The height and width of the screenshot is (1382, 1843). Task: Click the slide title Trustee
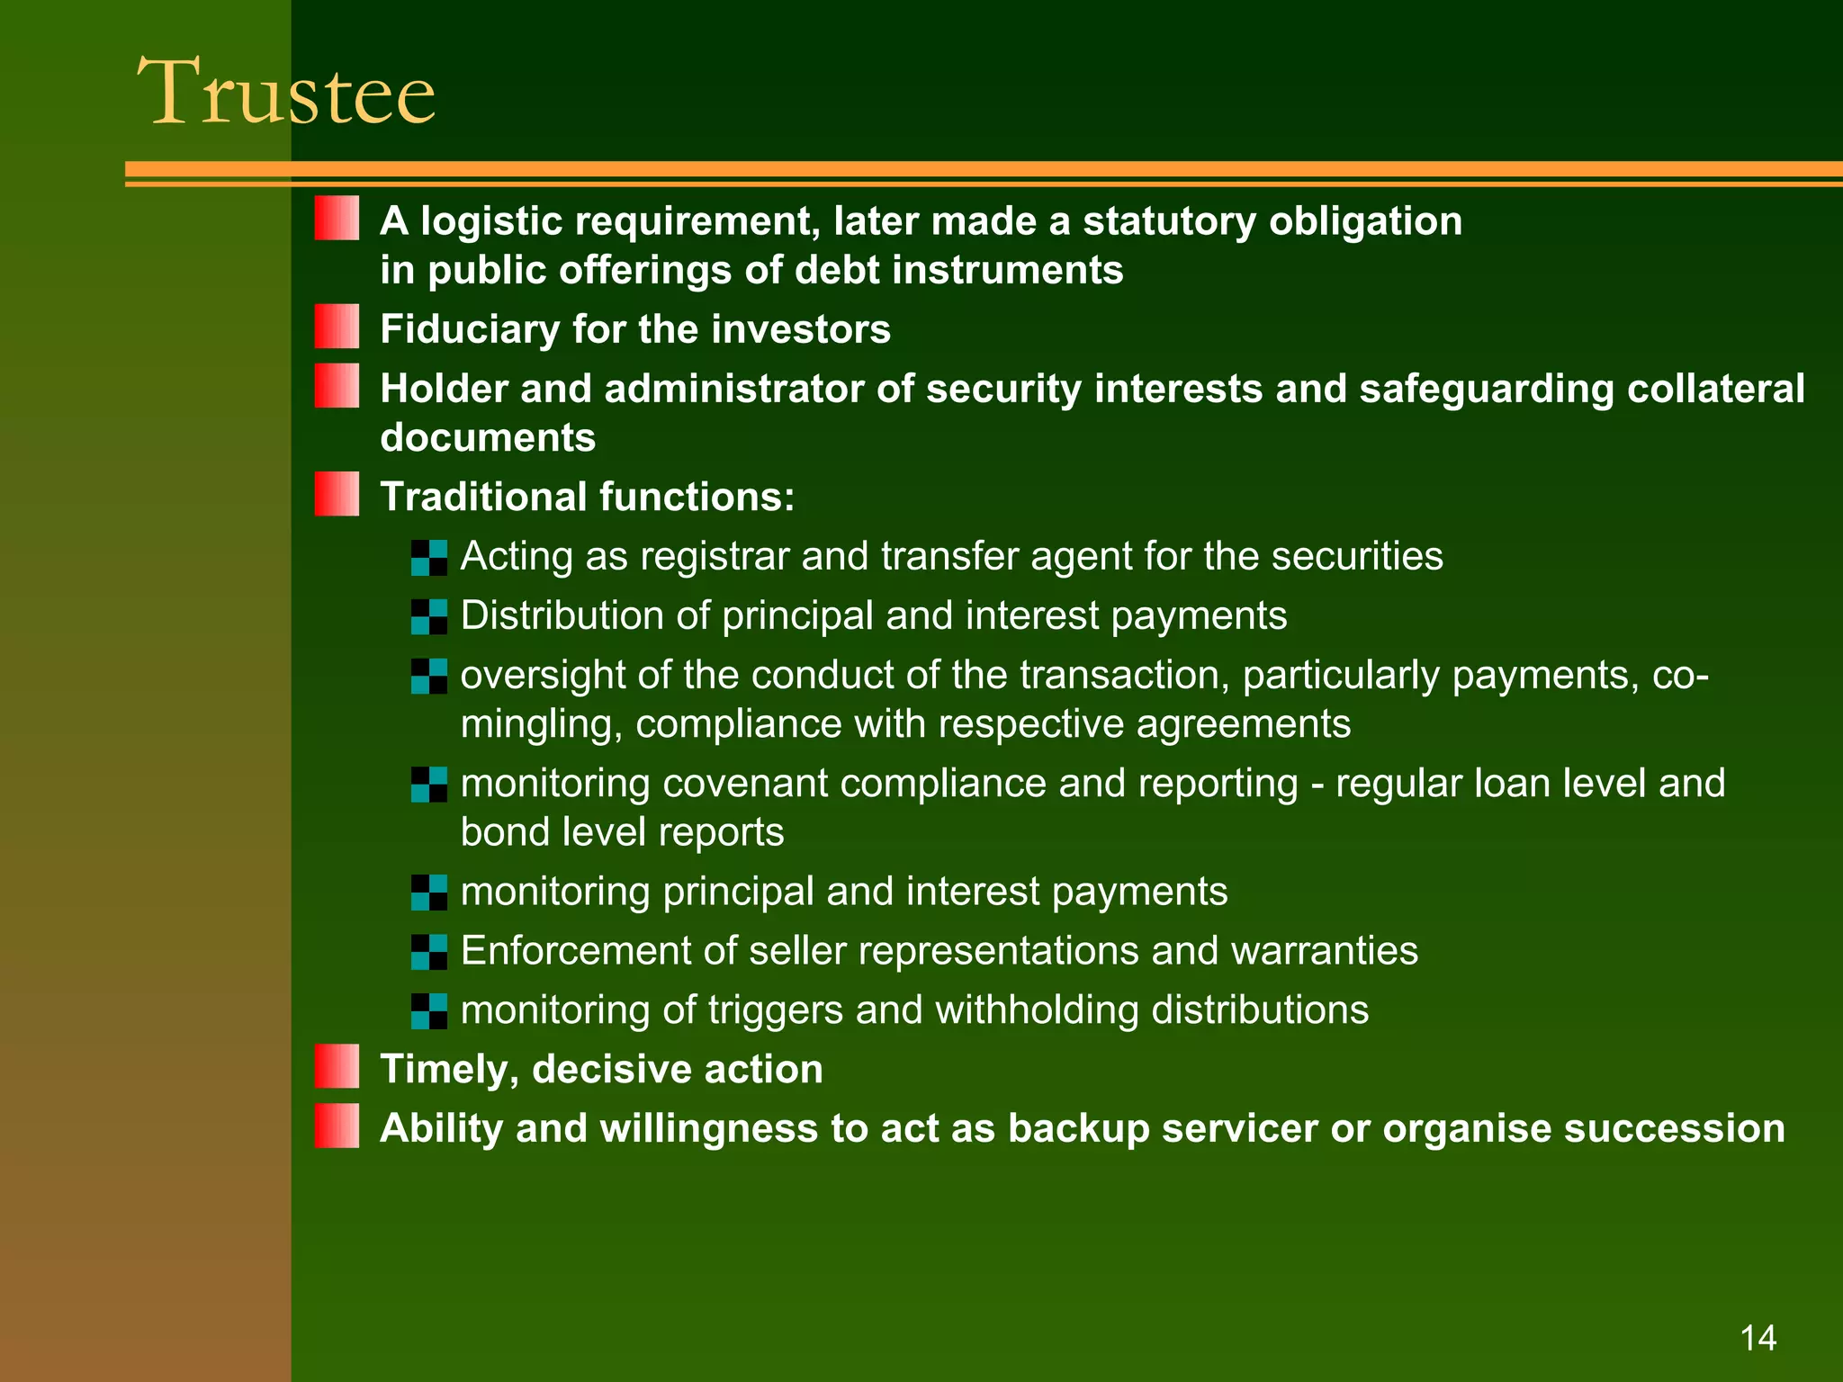pos(286,92)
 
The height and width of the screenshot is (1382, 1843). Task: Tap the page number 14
pos(1758,1339)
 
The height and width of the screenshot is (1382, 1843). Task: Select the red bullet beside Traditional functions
pos(337,494)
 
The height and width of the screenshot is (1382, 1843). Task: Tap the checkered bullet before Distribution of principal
pos(429,617)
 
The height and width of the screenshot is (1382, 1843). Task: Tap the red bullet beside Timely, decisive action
pos(337,1066)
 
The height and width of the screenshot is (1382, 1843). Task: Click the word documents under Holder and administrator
pos(488,438)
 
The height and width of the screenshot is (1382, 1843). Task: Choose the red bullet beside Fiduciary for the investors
pos(337,327)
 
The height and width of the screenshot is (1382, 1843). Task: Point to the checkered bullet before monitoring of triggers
pos(429,1011)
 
